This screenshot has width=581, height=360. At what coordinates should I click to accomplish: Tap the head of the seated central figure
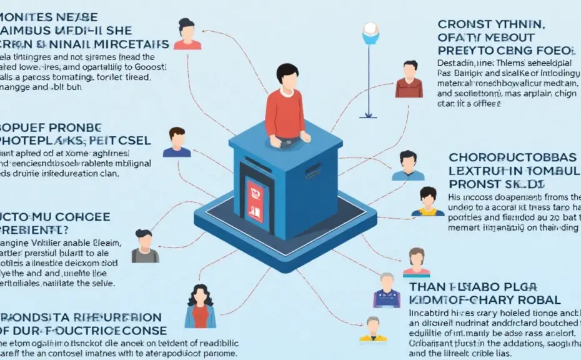coord(286,76)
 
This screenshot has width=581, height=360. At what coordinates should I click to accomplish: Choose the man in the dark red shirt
coord(409,79)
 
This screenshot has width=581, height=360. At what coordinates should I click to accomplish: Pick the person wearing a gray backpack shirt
coord(145,246)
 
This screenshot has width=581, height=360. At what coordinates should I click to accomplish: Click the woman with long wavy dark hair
coord(200,306)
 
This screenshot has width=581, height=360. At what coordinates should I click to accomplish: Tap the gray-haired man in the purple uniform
coord(385,290)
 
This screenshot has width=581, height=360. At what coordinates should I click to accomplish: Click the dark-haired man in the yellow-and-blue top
coord(428,201)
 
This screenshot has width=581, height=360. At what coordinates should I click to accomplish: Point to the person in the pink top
coord(417,262)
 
